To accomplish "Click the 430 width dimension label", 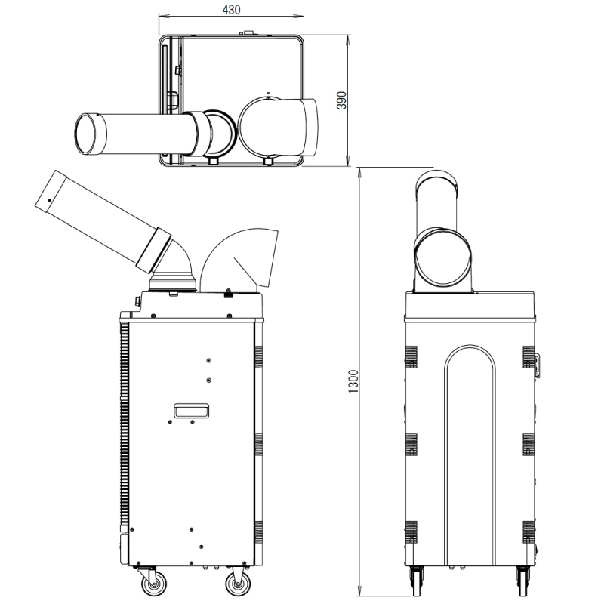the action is [232, 9].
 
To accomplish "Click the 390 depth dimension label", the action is [342, 100].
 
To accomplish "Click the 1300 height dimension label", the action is [353, 381].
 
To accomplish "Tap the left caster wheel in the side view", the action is [154, 584].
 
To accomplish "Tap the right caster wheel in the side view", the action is [238, 584].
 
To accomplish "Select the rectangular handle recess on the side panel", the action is [192, 411].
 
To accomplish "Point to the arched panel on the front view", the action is [470, 455].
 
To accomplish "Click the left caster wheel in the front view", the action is [416, 581].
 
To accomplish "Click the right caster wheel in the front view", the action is [522, 581].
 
